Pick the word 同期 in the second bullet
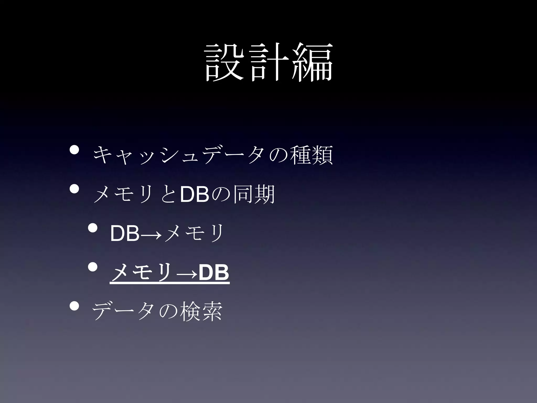254,194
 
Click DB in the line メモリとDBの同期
194,194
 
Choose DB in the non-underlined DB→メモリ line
125,234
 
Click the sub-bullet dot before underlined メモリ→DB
92,267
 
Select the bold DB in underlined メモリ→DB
214,273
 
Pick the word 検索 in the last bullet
201,312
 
